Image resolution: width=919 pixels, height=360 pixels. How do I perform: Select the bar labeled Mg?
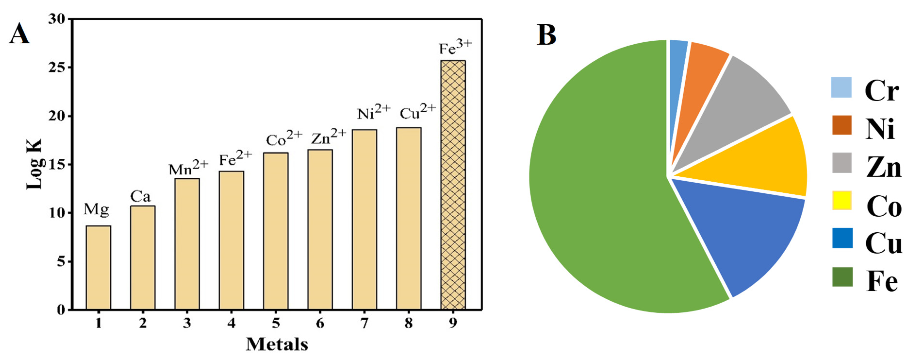(98, 267)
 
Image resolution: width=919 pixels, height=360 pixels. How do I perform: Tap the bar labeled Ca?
(143, 257)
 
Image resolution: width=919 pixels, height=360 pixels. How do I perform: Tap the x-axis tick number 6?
(320, 323)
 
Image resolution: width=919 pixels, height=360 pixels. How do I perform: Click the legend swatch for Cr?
(841, 87)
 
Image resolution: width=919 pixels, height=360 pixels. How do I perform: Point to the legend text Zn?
(884, 167)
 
